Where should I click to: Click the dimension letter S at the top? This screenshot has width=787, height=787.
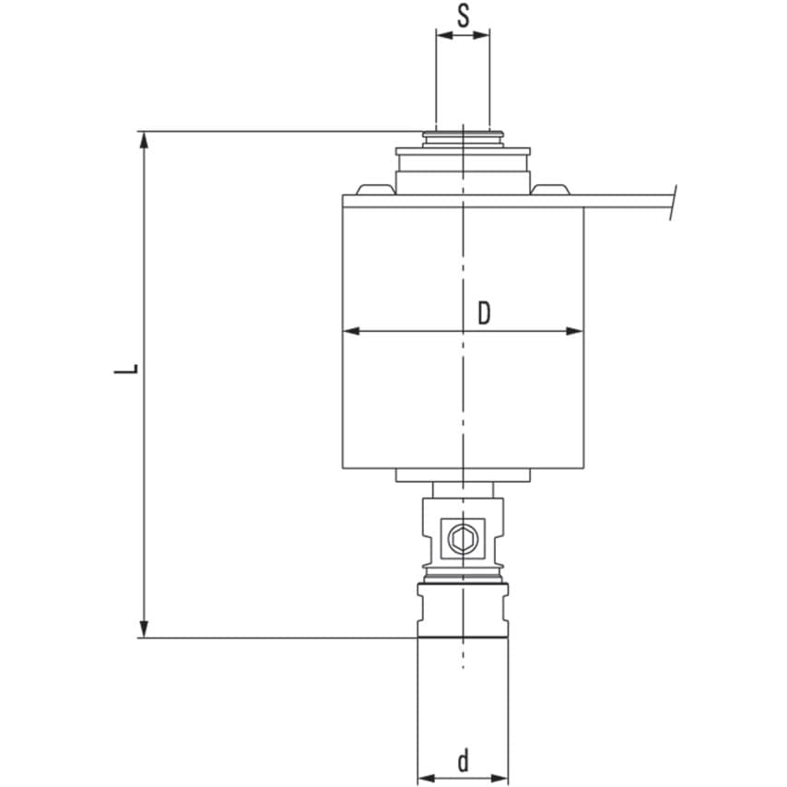(x=463, y=16)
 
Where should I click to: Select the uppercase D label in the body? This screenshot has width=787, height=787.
(x=484, y=313)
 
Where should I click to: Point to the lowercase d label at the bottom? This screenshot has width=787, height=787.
(x=464, y=760)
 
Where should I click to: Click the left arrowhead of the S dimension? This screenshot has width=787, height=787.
(x=441, y=36)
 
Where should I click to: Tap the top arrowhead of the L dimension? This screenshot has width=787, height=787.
(x=143, y=138)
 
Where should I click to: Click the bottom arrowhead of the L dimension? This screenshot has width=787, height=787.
(x=143, y=629)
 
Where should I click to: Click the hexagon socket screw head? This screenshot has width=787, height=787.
(x=463, y=536)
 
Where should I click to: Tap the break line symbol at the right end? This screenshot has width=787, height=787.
(x=675, y=204)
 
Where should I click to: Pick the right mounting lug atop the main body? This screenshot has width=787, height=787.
(x=550, y=190)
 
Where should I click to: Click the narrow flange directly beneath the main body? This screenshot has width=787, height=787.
(x=463, y=476)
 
